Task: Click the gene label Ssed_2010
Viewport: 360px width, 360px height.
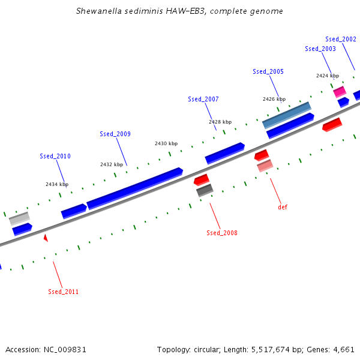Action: [x=55, y=156]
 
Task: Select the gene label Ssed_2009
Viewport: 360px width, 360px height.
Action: [x=115, y=134]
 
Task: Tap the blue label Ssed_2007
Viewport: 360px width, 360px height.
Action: [x=203, y=99]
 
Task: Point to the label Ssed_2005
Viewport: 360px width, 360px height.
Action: [x=268, y=71]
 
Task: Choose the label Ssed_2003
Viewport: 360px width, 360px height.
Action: [x=320, y=49]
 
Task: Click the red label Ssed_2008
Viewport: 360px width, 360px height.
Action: [x=222, y=233]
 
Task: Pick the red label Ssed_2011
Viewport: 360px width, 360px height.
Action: [x=64, y=292]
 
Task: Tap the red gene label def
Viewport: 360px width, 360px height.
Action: [x=283, y=207]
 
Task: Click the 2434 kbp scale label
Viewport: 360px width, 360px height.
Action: [x=57, y=184]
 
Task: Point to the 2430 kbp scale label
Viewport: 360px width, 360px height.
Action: [x=166, y=143]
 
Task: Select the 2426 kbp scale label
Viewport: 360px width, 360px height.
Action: [x=274, y=99]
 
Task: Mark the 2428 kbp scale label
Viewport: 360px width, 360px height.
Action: [x=220, y=122]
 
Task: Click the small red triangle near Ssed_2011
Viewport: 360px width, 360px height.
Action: [x=46, y=238]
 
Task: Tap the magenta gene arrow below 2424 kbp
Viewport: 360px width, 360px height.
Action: [x=340, y=92]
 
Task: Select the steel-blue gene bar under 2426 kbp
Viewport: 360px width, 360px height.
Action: [x=287, y=115]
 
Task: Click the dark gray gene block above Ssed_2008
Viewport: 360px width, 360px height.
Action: [x=205, y=190]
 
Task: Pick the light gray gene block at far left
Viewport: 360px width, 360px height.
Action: [x=19, y=218]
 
